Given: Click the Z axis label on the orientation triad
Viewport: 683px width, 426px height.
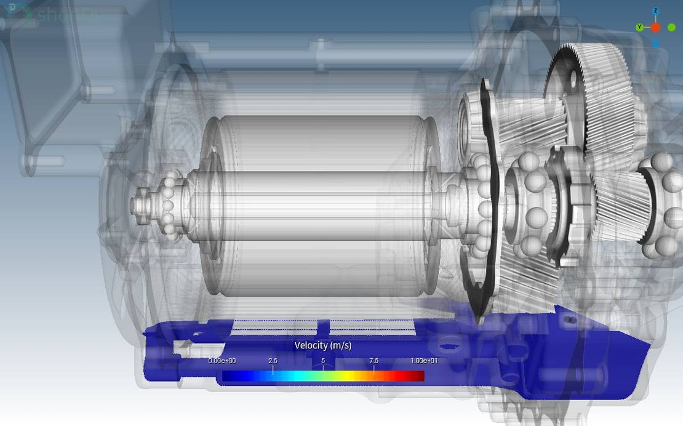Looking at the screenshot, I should [x=656, y=11].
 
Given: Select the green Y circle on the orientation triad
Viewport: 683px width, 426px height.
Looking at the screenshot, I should [x=640, y=27].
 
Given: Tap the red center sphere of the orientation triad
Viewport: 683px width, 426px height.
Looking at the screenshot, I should [x=656, y=27].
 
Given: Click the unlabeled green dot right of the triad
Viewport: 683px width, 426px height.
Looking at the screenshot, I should [x=672, y=27].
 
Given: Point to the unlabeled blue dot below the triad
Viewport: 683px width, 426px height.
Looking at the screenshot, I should [x=656, y=43].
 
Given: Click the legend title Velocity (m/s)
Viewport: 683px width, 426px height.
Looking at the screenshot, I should [x=323, y=345].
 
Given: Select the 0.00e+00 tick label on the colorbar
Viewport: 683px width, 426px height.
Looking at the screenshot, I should [x=222, y=361].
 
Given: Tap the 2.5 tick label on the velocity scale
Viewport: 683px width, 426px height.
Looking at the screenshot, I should [x=273, y=361].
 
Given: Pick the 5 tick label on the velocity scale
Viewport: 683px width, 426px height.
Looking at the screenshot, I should [x=323, y=361].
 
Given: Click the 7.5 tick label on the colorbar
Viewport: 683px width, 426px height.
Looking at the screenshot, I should [x=373, y=361].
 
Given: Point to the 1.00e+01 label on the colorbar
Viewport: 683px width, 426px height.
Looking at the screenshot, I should [x=424, y=361].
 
